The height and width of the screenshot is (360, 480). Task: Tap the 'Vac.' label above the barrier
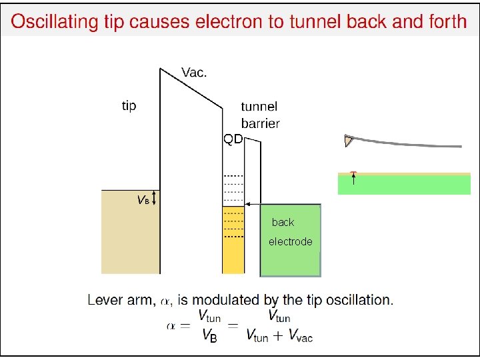coord(195,73)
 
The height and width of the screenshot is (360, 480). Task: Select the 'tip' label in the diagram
coord(129,105)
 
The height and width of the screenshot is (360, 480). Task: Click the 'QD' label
coord(233,139)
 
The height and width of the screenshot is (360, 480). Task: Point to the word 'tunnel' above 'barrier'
coord(259,107)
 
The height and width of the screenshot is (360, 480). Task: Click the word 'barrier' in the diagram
coord(261,123)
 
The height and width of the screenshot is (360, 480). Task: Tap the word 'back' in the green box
coord(283,223)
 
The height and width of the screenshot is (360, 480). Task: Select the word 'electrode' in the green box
coord(290,242)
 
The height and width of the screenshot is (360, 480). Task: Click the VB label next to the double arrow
coord(143,199)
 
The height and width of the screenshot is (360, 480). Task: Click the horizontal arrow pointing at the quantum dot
coord(253,204)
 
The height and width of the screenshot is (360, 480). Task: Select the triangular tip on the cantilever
coord(348,141)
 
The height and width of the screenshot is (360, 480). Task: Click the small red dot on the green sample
coord(354,173)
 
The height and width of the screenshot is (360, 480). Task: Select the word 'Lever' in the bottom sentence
coord(104,300)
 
